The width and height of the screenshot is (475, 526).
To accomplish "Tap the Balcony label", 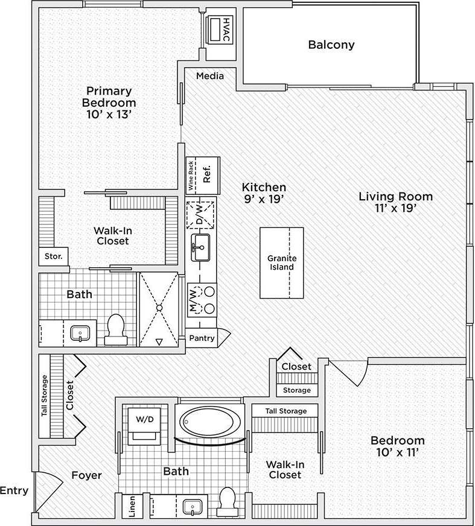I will (x=331, y=45).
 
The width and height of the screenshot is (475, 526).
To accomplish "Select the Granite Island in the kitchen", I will (x=281, y=262).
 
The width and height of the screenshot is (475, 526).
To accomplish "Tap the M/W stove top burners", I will (x=208, y=299).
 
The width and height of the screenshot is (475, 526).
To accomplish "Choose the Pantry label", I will (x=202, y=338).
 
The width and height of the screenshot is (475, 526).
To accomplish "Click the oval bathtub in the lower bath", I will (x=209, y=420).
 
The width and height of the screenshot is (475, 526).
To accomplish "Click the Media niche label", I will (x=210, y=76).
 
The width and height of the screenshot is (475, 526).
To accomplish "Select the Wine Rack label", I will (x=191, y=176).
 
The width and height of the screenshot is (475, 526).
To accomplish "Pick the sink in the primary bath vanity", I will (x=80, y=332).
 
